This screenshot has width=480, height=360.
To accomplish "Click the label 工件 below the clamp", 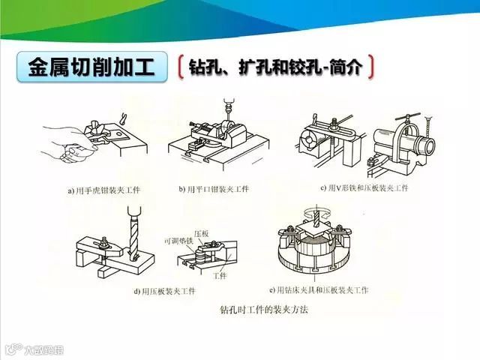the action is coord(219,275).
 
